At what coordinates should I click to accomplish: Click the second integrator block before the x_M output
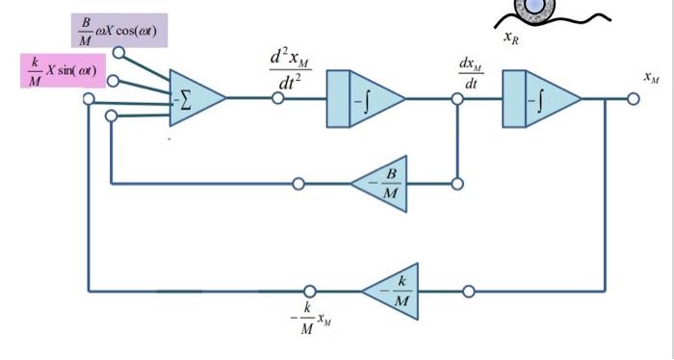540,98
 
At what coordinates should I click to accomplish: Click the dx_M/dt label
470,74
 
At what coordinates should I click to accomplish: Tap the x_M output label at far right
652,76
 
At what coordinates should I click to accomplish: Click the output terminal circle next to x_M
632,98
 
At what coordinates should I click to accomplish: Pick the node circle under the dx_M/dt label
457,98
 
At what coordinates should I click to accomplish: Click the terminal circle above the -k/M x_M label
309,290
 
